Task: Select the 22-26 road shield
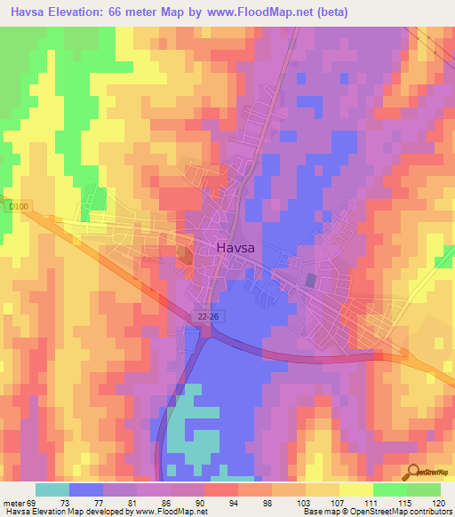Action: (206, 316)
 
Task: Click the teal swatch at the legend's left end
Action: (52, 489)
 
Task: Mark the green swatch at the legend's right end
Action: (423, 489)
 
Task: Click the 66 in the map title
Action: (123, 12)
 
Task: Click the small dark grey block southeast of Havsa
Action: (309, 281)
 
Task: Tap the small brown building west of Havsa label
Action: (184, 256)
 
